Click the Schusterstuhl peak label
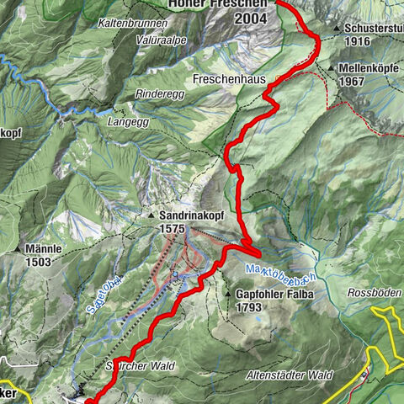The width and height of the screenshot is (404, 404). pos(374,28)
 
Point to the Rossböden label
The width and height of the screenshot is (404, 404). pos(375,292)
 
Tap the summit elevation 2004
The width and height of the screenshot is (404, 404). pos(252,18)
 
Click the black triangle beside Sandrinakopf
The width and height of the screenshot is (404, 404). pos(152,215)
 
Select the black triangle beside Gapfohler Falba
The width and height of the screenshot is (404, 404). pos(228,295)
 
